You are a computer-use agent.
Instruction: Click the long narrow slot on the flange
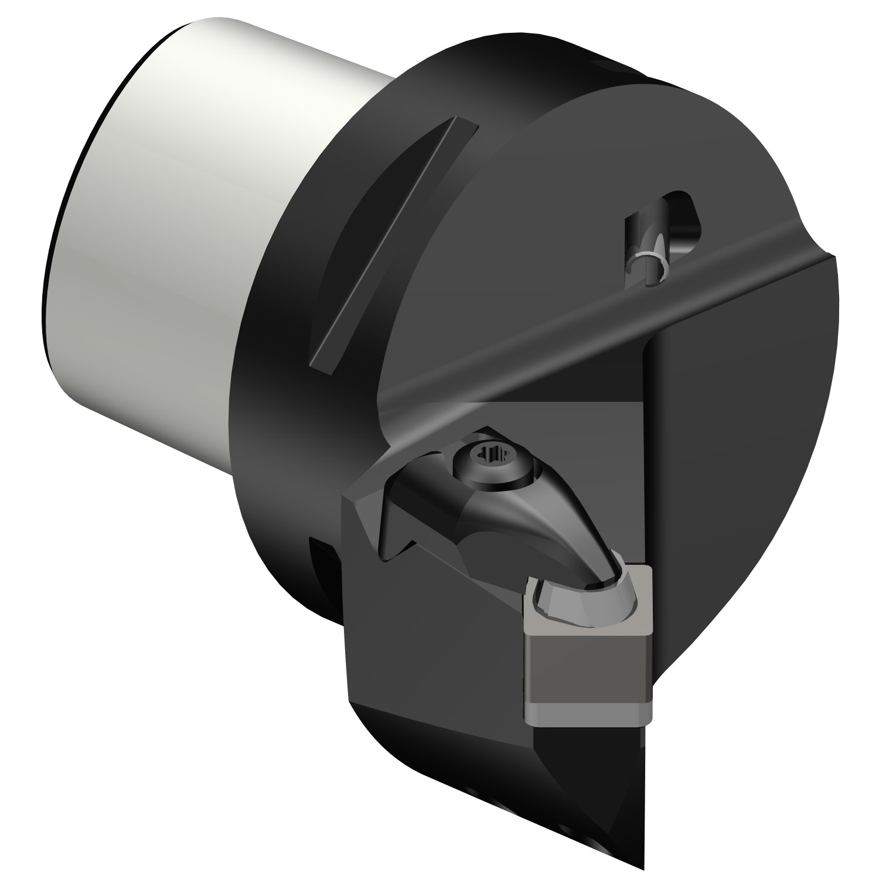click(x=387, y=246)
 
